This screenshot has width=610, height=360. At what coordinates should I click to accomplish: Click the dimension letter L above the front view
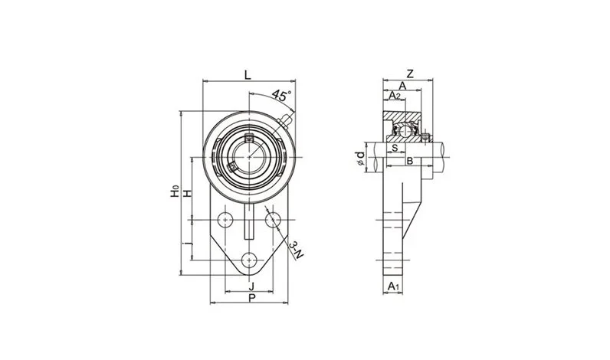click(246, 74)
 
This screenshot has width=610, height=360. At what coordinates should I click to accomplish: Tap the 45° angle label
click(281, 97)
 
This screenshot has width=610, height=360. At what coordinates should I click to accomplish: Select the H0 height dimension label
click(175, 191)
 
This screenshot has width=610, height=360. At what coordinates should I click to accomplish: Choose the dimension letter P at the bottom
click(251, 299)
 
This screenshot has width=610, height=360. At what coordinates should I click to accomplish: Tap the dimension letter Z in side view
click(411, 74)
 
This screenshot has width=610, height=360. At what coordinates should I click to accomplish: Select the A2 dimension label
click(395, 96)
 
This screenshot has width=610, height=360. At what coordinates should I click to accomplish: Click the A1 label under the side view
click(392, 286)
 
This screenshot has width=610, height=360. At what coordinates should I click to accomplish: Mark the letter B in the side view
click(410, 160)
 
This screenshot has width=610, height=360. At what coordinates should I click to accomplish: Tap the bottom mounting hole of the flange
click(249, 261)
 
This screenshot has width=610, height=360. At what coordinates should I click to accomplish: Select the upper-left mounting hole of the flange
click(225, 220)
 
